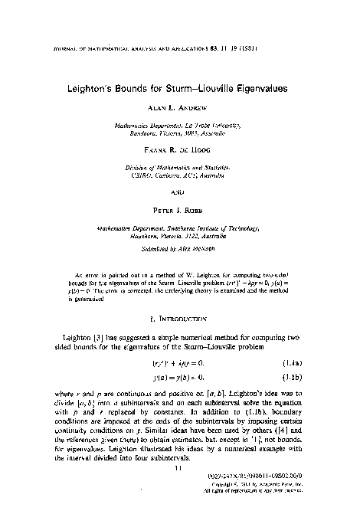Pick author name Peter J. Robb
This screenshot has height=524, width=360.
pos(181,206)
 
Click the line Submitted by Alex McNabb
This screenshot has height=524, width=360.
pos(180,250)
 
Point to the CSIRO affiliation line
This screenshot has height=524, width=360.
pos(180,175)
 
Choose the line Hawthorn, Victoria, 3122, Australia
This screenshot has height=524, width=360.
pos(180,237)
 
